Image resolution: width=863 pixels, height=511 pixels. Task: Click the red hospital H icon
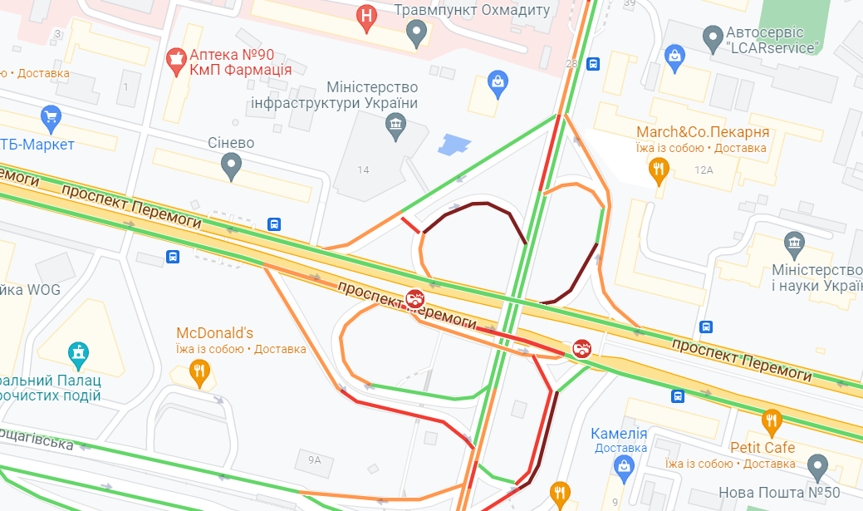point(366,18)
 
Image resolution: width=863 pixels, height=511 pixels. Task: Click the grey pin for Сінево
point(233,168)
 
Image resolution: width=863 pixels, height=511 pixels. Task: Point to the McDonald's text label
point(214,333)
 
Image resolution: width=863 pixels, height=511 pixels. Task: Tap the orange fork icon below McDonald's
point(199,372)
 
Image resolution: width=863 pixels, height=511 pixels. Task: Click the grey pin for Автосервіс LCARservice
point(712,37)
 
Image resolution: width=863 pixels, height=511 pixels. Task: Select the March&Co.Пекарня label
point(703,133)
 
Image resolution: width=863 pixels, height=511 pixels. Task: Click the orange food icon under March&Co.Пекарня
point(659,171)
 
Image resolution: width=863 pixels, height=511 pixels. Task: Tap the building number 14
point(363,170)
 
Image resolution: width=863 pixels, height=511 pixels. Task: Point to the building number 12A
point(704,170)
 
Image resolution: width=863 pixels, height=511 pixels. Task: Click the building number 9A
point(313,459)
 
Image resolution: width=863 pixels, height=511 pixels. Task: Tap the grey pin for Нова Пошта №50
point(818,469)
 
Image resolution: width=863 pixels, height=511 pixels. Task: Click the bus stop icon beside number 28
point(593,64)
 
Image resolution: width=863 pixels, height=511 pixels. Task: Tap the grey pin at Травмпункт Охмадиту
point(417,33)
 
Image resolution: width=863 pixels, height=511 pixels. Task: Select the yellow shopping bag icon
point(497,83)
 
